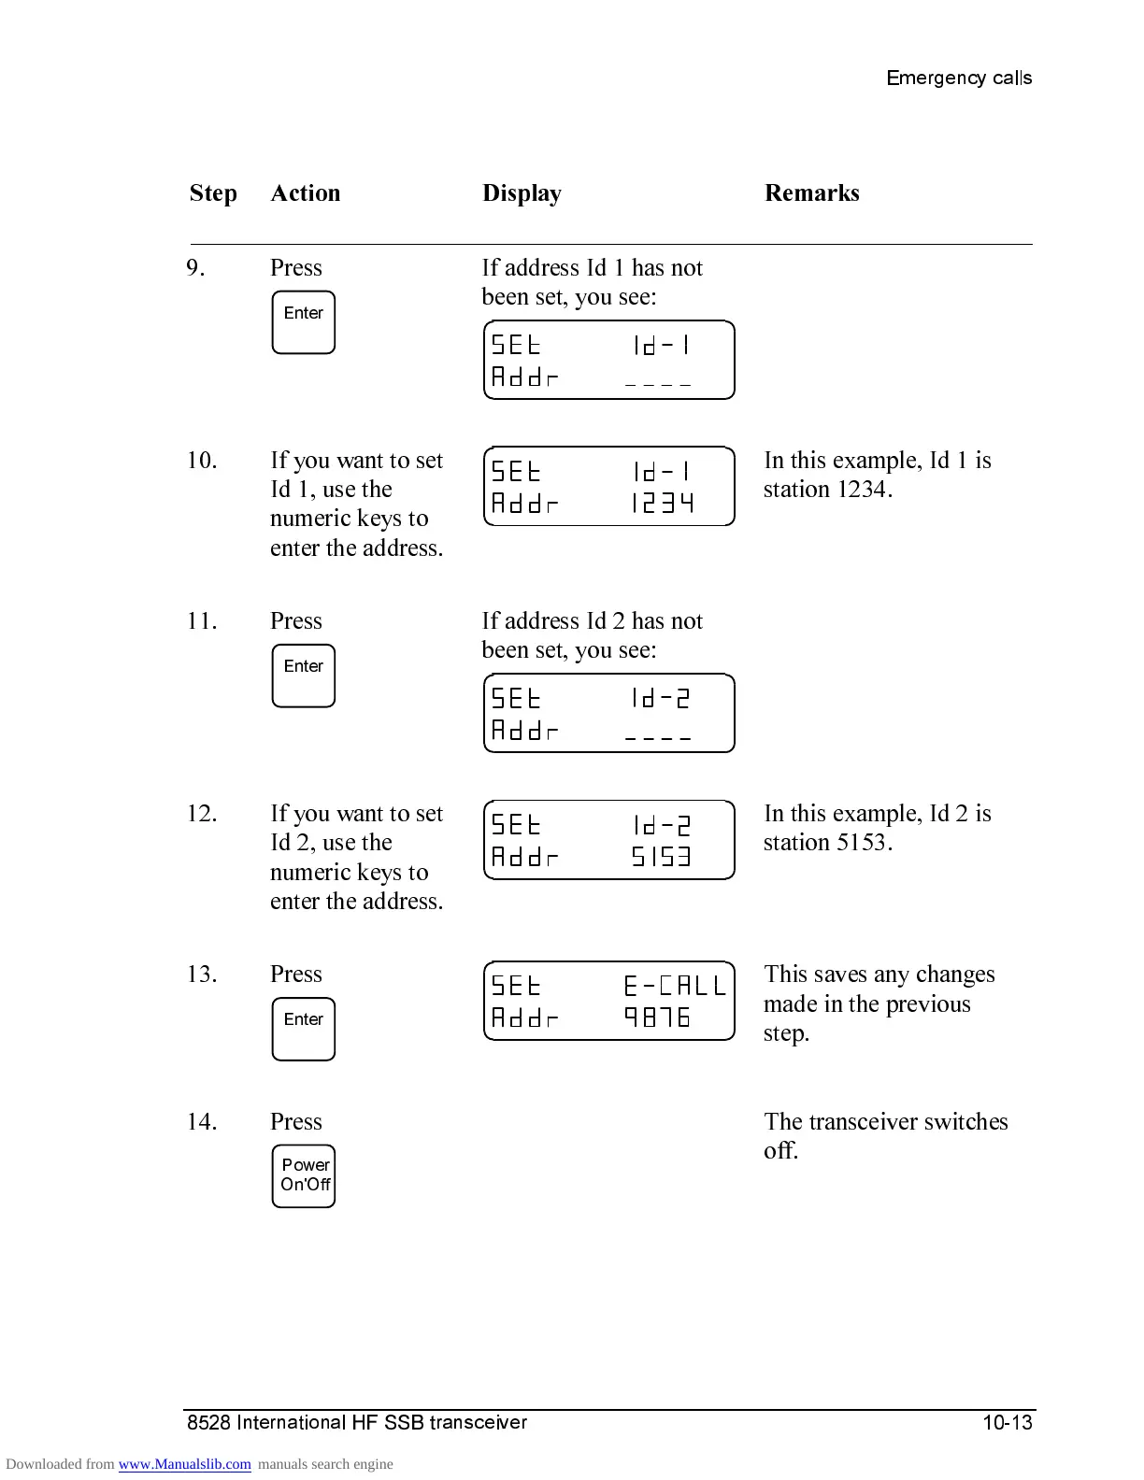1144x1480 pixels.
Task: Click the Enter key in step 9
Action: (x=303, y=322)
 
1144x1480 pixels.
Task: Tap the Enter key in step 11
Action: (x=303, y=676)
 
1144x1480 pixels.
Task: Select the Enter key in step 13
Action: (x=303, y=1029)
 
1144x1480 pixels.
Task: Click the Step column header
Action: (x=213, y=193)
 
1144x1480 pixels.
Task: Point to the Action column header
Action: (x=306, y=193)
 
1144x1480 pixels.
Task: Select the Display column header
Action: (x=522, y=193)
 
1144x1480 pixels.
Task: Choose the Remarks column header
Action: (x=811, y=193)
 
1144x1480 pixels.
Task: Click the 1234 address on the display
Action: (x=662, y=505)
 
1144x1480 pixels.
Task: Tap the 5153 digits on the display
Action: (x=662, y=857)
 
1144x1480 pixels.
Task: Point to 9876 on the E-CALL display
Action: (x=657, y=1017)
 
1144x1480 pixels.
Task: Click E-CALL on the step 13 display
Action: (x=674, y=986)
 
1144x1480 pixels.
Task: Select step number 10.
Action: (x=202, y=461)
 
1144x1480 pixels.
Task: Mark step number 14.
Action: (x=202, y=1121)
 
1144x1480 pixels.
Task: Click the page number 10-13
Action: (x=1007, y=1423)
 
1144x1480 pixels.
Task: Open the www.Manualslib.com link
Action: (x=184, y=1464)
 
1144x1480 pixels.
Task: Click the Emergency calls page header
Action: (x=959, y=78)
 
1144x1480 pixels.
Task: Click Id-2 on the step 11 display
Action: (x=661, y=698)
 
